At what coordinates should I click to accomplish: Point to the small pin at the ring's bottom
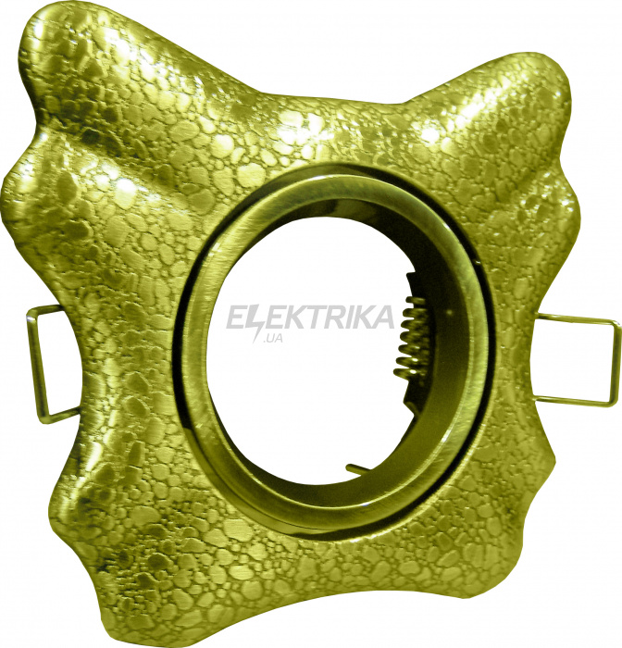[x=358, y=468]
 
